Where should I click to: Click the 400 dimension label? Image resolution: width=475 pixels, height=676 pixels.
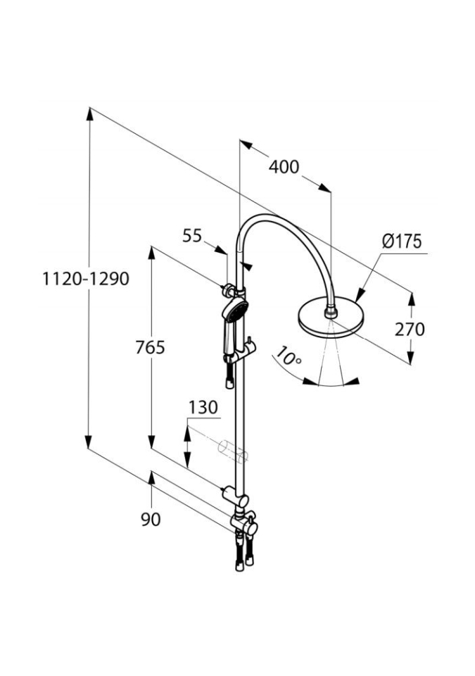[284, 167]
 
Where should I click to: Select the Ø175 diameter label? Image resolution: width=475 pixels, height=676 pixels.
[402, 242]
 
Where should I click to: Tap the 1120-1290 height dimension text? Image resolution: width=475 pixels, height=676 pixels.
[84, 279]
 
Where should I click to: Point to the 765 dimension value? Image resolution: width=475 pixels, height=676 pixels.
[151, 347]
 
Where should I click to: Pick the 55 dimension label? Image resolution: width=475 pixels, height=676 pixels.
[192, 236]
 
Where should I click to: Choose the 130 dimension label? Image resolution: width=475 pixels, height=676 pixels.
[203, 407]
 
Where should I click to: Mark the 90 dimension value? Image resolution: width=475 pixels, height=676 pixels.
[151, 519]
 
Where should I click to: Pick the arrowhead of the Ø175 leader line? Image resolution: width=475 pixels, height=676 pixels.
[358, 298]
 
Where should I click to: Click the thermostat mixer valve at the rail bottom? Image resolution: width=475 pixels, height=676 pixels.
[241, 522]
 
